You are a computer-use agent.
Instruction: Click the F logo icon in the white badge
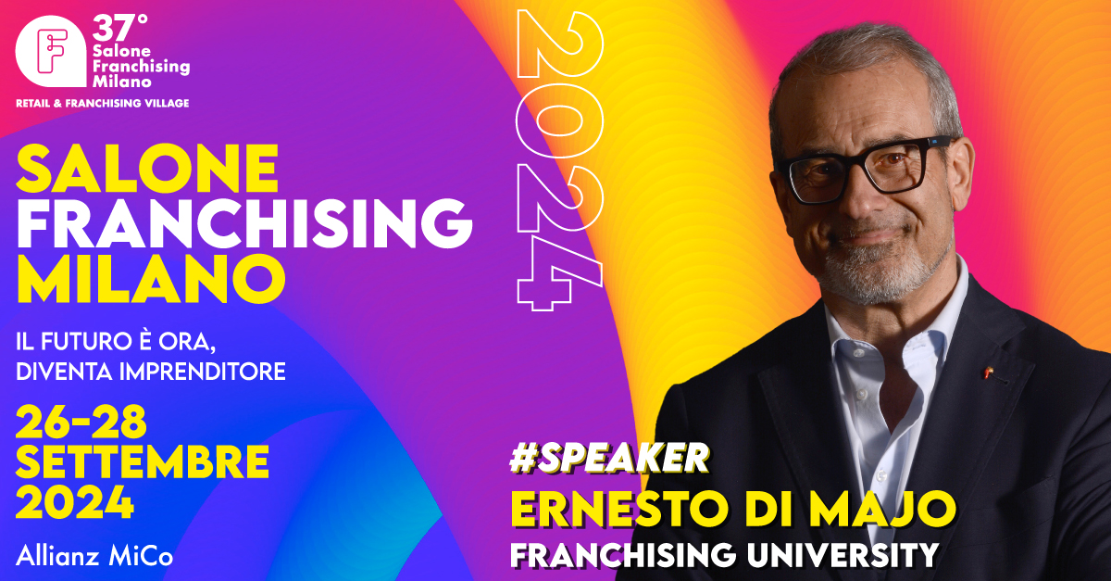(53, 52)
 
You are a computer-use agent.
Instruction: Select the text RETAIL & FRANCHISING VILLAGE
(103, 103)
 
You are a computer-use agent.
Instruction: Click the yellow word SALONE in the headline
(147, 169)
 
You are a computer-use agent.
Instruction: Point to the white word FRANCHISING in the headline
(244, 223)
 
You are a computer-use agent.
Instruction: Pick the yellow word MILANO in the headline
(151, 279)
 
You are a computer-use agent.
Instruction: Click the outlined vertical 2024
(560, 160)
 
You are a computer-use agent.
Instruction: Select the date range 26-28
(81, 422)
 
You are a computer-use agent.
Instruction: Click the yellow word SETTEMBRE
(143, 461)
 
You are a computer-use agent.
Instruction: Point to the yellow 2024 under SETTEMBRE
(75, 501)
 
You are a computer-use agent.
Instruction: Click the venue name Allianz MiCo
(94, 556)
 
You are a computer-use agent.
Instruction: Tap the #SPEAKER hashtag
(609, 458)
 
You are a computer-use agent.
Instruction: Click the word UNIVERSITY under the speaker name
(843, 555)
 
